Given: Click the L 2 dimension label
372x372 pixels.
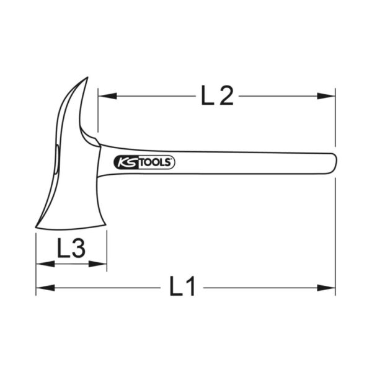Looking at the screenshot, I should (x=217, y=95).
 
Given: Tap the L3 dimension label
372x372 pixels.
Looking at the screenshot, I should (x=71, y=249).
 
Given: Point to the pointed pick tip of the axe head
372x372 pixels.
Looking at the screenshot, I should (x=87, y=79).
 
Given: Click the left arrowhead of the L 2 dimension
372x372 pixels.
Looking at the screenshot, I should (x=102, y=96).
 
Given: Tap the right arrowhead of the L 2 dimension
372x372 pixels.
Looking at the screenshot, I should (x=330, y=96).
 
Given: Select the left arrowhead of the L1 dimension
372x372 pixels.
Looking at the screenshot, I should (x=40, y=287).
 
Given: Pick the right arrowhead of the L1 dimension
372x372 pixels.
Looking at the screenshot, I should (x=330, y=287).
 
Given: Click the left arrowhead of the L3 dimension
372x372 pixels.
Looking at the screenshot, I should (x=40, y=263).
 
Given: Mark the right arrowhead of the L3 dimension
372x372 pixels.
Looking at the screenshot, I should (x=102, y=263).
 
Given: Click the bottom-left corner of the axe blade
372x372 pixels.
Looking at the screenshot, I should (x=37, y=228).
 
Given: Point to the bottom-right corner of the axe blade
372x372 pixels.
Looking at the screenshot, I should (x=105, y=230).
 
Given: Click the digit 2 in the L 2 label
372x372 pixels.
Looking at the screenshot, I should (x=226, y=95).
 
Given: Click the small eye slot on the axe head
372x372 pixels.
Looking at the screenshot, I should (x=56, y=156).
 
